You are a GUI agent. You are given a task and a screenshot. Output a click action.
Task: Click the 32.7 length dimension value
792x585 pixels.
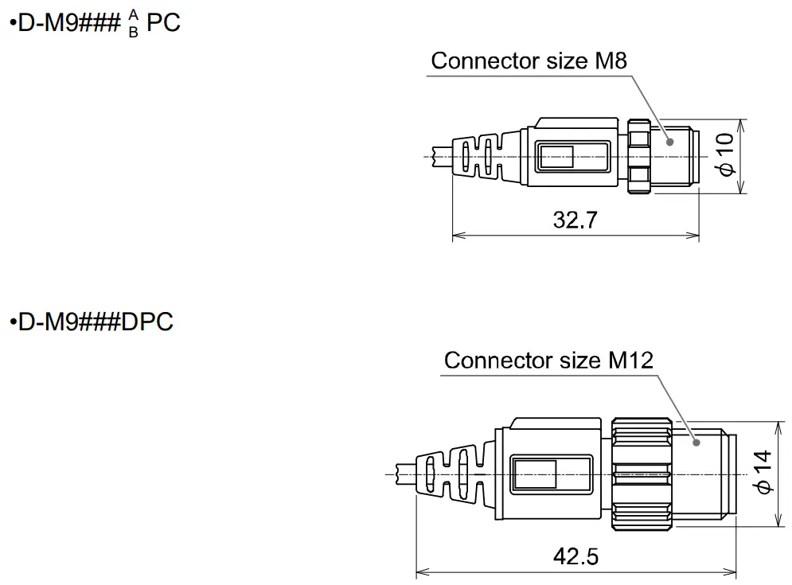tap(575, 220)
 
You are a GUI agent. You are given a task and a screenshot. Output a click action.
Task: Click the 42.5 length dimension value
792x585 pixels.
tap(575, 556)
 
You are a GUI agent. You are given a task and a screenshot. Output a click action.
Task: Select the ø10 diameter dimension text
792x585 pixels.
tap(724, 156)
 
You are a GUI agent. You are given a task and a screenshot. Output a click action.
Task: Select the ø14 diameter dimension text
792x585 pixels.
tap(763, 473)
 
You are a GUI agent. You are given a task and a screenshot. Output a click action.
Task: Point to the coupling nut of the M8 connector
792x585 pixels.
tap(639, 157)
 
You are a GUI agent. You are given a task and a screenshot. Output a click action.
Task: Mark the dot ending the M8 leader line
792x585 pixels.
tap(669, 142)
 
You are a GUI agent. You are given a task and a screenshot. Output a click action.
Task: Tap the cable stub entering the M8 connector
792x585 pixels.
tap(440, 156)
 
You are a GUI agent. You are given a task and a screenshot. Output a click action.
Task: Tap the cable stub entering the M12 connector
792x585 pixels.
tap(405, 474)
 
